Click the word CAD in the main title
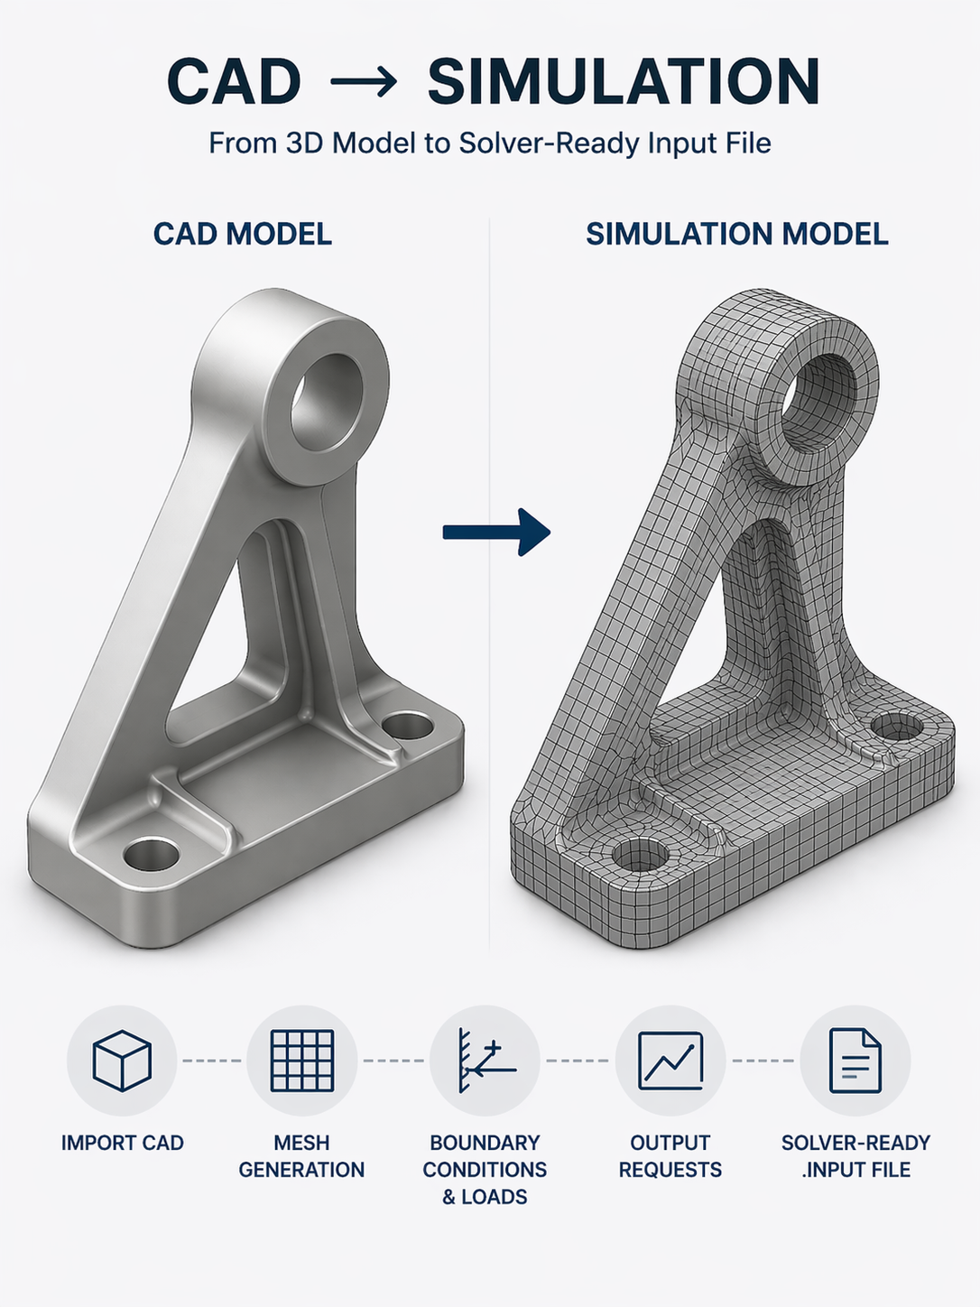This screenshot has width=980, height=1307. pyautogui.click(x=233, y=81)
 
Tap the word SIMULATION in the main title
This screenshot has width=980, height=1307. pyautogui.click(x=624, y=81)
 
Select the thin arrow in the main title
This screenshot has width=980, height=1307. pyautogui.click(x=364, y=81)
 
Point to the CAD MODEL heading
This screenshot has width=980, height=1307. pyautogui.click(x=243, y=234)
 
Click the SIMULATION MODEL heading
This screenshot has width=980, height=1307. pyautogui.click(x=737, y=234)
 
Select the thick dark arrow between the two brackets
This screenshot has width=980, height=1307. pyautogui.click(x=496, y=533)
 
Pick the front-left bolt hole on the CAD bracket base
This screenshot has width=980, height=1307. pyautogui.click(x=151, y=854)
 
